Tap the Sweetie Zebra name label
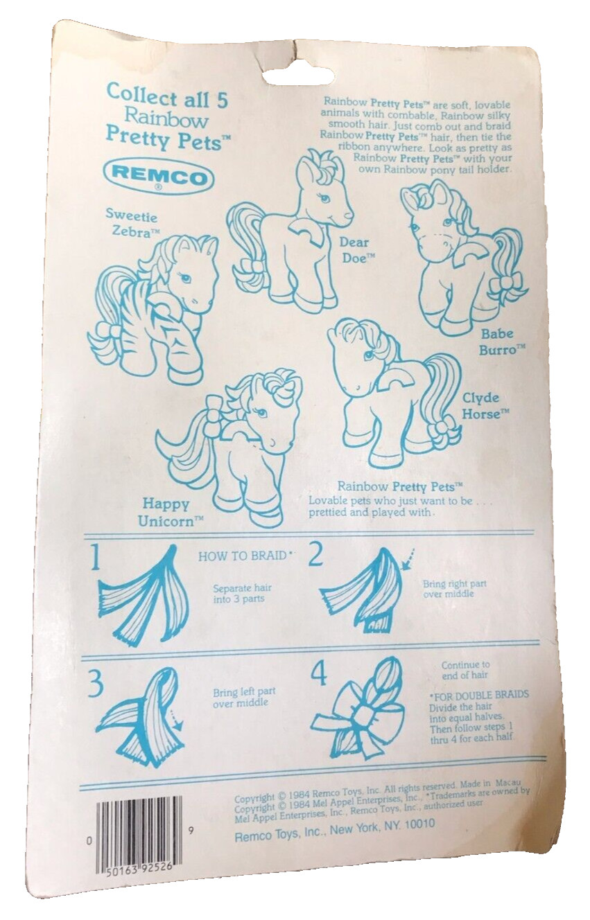[x=132, y=222]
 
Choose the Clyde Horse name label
[x=485, y=405]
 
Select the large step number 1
[x=95, y=558]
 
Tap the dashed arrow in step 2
[x=409, y=558]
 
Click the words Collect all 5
[x=167, y=97]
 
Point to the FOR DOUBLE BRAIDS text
[x=479, y=695]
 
